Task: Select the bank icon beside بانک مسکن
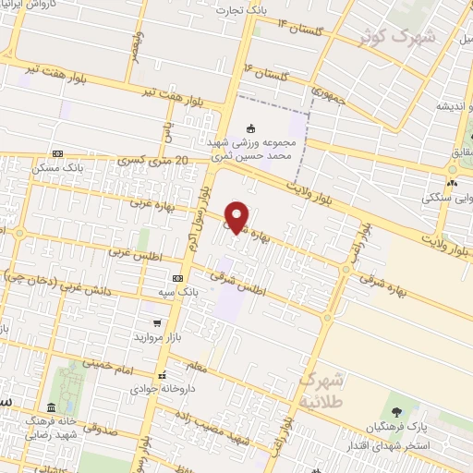[x=58, y=153]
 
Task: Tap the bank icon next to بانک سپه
[x=178, y=277]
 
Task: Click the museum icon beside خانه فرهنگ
[x=49, y=408]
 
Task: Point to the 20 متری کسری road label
[x=153, y=161]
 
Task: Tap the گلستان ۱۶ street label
[x=264, y=72]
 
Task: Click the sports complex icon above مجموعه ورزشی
[x=251, y=128]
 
